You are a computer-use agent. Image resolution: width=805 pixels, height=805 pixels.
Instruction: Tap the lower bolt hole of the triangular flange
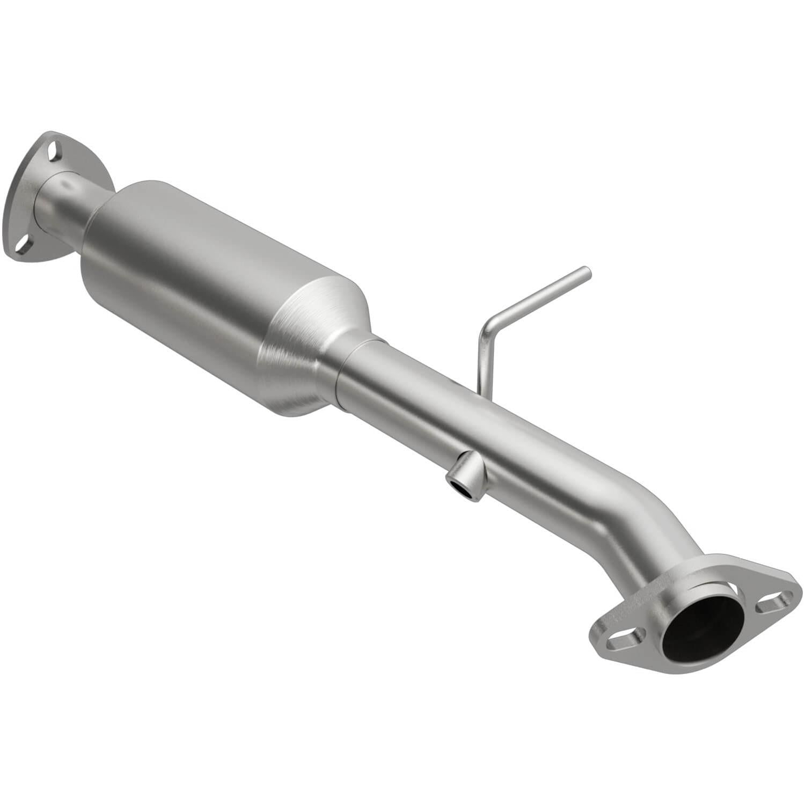(23, 246)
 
